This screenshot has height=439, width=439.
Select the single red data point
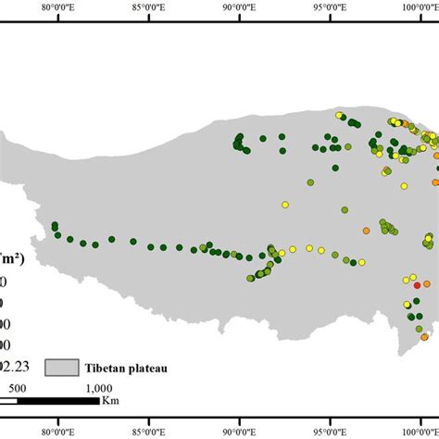416,286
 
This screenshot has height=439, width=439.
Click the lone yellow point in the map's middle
285,205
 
